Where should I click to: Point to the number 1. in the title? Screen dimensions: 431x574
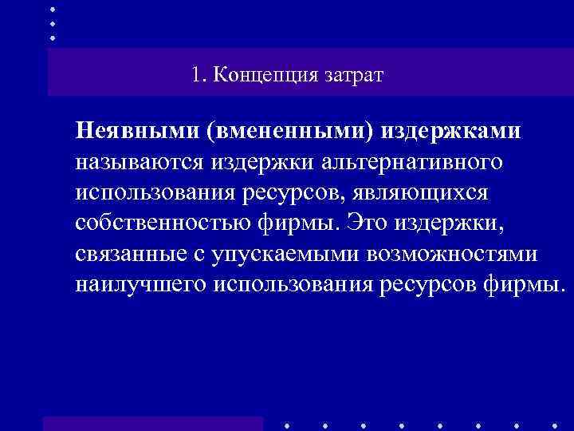pyautogui.click(x=199, y=76)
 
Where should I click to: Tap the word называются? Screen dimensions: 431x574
pyautogui.click(x=142, y=162)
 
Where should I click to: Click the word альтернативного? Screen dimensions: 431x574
pyautogui.click(x=411, y=162)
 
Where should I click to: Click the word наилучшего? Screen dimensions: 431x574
pyautogui.click(x=141, y=284)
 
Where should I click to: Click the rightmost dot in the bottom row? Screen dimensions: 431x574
pyautogui.click(x=554, y=425)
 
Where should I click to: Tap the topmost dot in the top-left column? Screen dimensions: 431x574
pyautogui.click(x=53, y=8)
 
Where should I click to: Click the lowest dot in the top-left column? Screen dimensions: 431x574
pyautogui.click(x=53, y=38)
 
